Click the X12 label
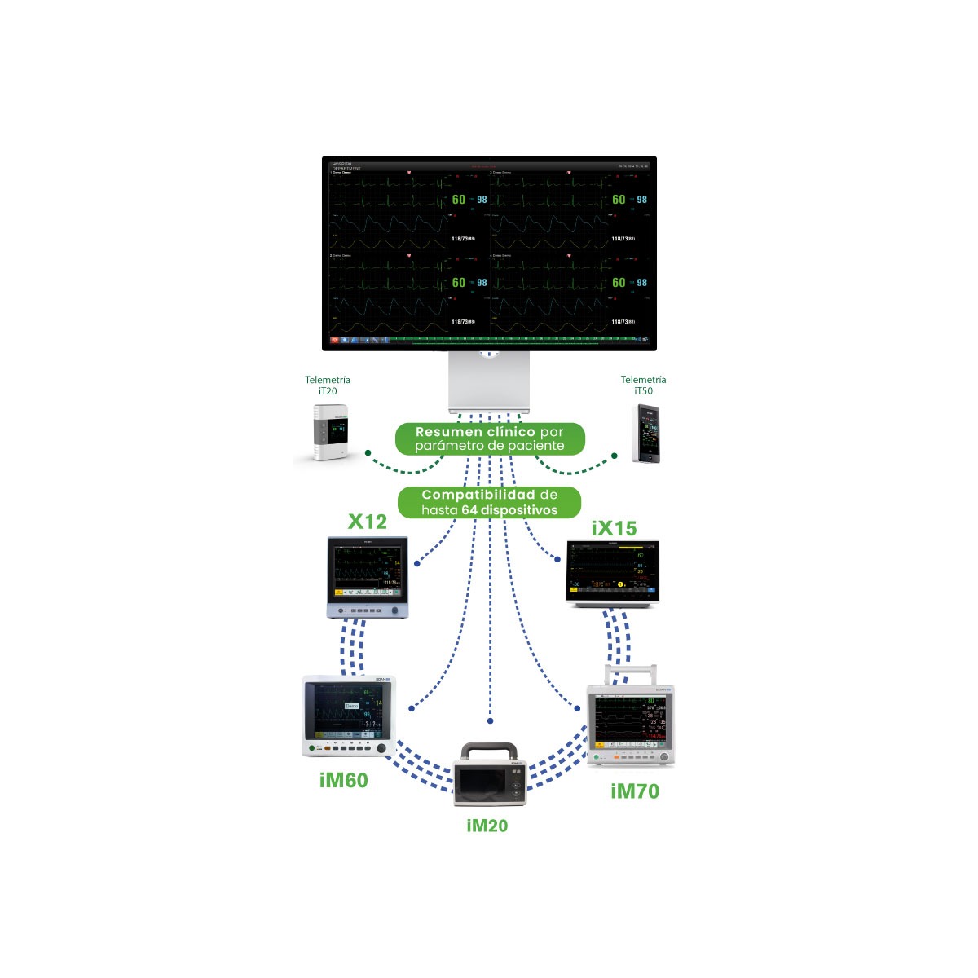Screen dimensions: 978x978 pyautogui.click(x=367, y=522)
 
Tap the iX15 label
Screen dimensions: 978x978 pyautogui.click(x=614, y=528)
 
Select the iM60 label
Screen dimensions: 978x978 pyautogui.click(x=343, y=780)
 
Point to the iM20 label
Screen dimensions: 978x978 pyautogui.click(x=487, y=826)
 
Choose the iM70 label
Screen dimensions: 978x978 pyautogui.click(x=634, y=791)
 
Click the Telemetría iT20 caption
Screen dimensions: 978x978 pyautogui.click(x=328, y=385)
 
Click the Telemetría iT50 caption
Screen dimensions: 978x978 pyautogui.click(x=643, y=385)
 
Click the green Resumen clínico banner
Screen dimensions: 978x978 pyautogui.click(x=490, y=438)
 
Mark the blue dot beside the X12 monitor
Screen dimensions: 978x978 pyautogui.click(x=417, y=563)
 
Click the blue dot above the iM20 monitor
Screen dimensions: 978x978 pyautogui.click(x=491, y=721)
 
